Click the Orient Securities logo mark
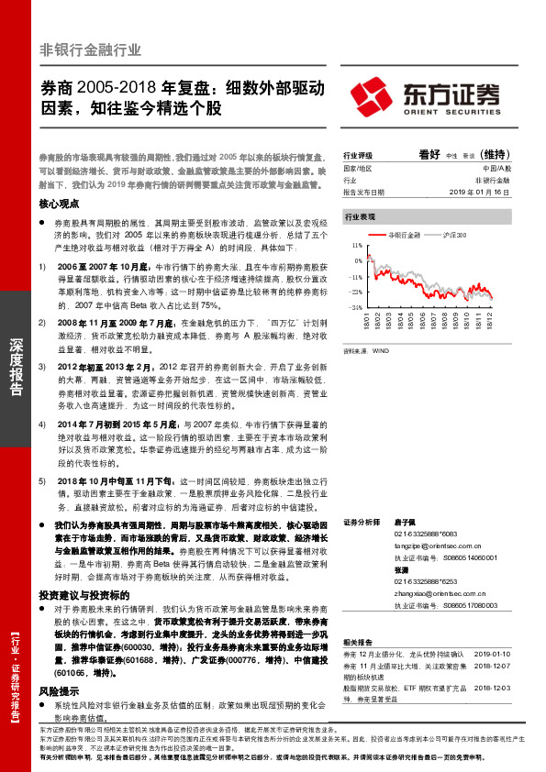click(x=373, y=94)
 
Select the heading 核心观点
click(x=59, y=204)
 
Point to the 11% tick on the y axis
click(x=356, y=247)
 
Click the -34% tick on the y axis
click(x=355, y=307)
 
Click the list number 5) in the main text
click(x=41, y=480)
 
